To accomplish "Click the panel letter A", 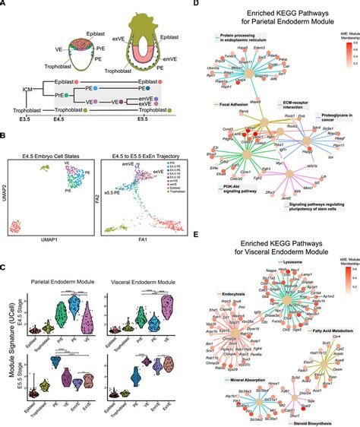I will pyautogui.click(x=6, y=6).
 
